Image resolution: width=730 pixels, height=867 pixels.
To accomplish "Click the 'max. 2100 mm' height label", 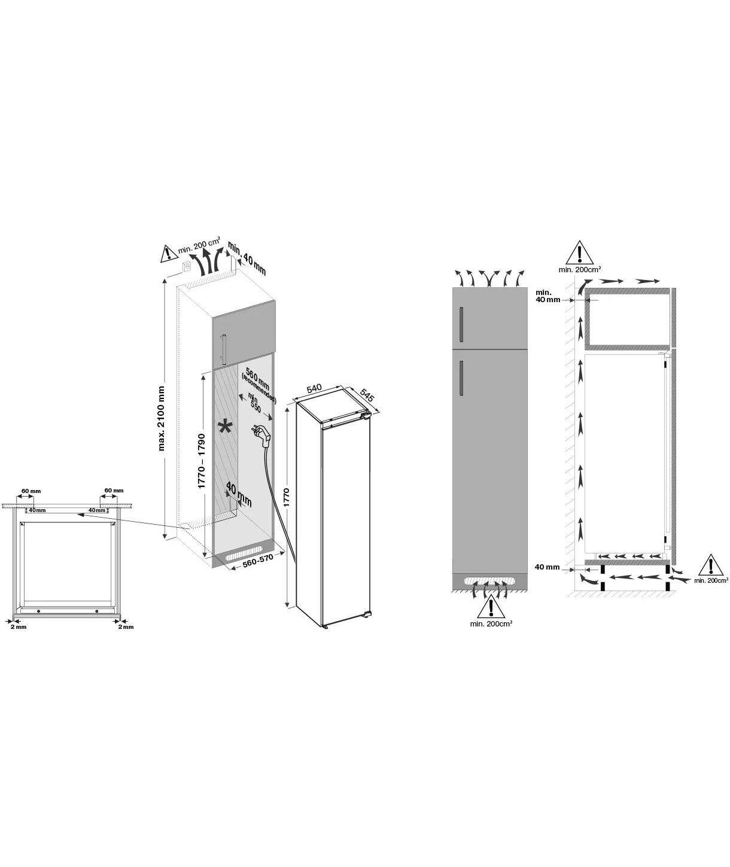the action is [x=162, y=418].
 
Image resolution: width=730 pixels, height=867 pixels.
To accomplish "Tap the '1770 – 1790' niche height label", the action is [x=202, y=461].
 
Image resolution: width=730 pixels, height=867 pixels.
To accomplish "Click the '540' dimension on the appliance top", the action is [x=314, y=388].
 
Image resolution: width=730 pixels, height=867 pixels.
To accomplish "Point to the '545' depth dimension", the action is [x=367, y=394].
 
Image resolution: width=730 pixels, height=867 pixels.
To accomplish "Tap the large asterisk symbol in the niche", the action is [x=225, y=427].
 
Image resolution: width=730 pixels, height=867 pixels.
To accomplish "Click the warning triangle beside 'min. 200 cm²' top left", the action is [x=168, y=253].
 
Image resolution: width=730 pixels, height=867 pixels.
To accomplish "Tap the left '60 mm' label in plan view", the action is [x=31, y=491].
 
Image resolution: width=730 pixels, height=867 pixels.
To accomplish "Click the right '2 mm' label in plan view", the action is [x=126, y=626].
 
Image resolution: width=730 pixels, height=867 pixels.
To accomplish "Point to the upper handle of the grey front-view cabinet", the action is [x=461, y=324].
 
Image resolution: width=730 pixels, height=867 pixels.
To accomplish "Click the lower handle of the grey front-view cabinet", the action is [x=461, y=376].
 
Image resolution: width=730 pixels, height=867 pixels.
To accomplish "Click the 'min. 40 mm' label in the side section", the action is [x=547, y=296].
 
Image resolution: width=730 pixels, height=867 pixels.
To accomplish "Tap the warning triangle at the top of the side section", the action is [x=580, y=252].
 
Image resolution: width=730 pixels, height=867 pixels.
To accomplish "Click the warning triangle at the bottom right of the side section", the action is [x=711, y=565].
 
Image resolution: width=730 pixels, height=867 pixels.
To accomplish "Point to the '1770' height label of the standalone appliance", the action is [x=287, y=497].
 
